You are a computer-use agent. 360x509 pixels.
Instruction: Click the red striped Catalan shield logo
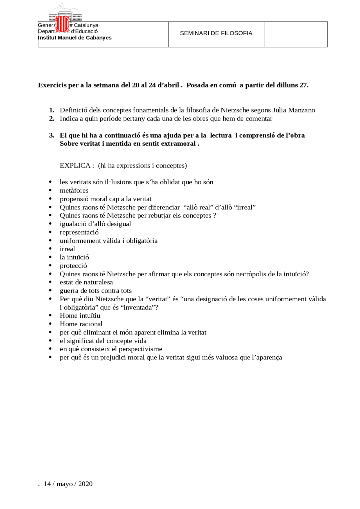pyautogui.click(x=62, y=24)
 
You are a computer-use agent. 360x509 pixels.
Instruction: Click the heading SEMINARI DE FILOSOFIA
pyautogui.click(x=216, y=33)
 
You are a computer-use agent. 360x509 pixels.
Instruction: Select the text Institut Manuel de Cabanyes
pyautogui.click(x=75, y=38)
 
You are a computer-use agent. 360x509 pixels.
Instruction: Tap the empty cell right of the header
pyautogui.click(x=296, y=34)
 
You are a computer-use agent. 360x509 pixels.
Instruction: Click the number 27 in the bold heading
pyautogui.click(x=303, y=85)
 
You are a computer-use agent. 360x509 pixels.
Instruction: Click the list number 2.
pyautogui.click(x=52, y=119)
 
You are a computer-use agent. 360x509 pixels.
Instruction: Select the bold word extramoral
pyautogui.click(x=178, y=144)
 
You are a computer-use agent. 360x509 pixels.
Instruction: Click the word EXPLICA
pyautogui.click(x=75, y=166)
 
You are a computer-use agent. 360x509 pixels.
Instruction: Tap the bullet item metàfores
pyautogui.click(x=74, y=191)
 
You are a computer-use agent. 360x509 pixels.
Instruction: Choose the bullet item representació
pyautogui.click(x=79, y=232)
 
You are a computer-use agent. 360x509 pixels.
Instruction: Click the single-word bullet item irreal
pyautogui.click(x=67, y=249)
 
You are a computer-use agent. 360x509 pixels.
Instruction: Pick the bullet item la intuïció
pyautogui.click(x=74, y=257)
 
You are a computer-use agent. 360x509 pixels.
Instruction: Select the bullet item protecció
pyautogui.click(x=73, y=266)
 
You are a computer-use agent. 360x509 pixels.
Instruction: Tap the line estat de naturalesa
pyautogui.click(x=86, y=282)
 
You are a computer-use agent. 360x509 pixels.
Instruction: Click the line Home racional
pyautogui.click(x=81, y=324)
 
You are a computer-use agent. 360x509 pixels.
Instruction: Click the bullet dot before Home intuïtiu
pyautogui.click(x=50, y=316)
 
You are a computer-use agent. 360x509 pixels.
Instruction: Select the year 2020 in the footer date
pyautogui.click(x=85, y=484)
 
